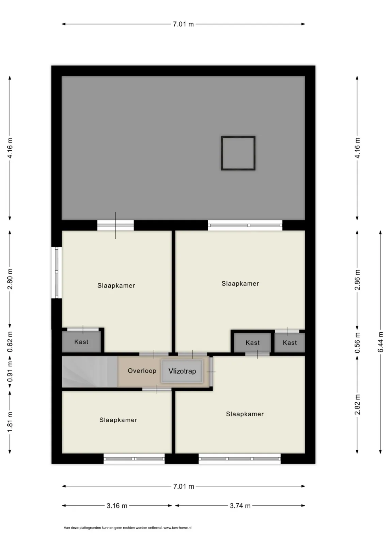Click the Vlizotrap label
click(182, 371)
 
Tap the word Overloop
click(142, 371)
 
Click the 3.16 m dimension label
click(117, 506)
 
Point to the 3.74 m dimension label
click(240, 506)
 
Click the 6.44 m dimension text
click(380, 342)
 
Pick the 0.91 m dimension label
click(10, 371)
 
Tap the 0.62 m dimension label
click(10, 342)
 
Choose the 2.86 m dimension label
click(357, 280)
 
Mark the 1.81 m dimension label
click(10, 422)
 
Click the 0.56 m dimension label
click(357, 343)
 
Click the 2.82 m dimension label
click(357, 404)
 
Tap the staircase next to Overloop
click(90, 371)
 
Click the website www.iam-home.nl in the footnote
click(177, 528)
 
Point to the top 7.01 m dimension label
click(183, 24)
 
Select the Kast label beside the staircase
click(81, 342)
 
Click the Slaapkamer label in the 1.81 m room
click(118, 420)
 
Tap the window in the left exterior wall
click(57, 272)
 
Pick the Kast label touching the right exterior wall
click(290, 343)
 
